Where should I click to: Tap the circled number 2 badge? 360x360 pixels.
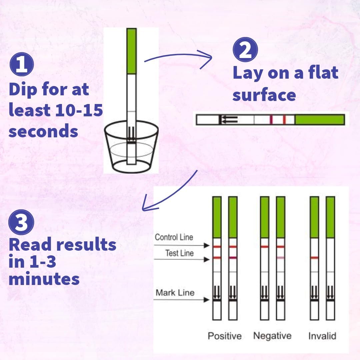tap(245, 49)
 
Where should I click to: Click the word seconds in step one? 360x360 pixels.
tap(43, 131)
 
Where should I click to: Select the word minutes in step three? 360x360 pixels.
tap(44, 279)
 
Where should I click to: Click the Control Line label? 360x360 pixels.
tap(174, 237)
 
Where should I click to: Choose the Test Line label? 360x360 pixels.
tap(179, 253)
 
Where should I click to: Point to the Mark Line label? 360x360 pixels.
tap(175, 293)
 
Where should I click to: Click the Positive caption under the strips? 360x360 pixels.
tap(224, 336)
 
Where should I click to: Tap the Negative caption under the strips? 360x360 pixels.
tap(272, 336)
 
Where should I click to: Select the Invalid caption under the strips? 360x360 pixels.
tap(322, 336)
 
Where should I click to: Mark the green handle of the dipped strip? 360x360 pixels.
tap(131, 51)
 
